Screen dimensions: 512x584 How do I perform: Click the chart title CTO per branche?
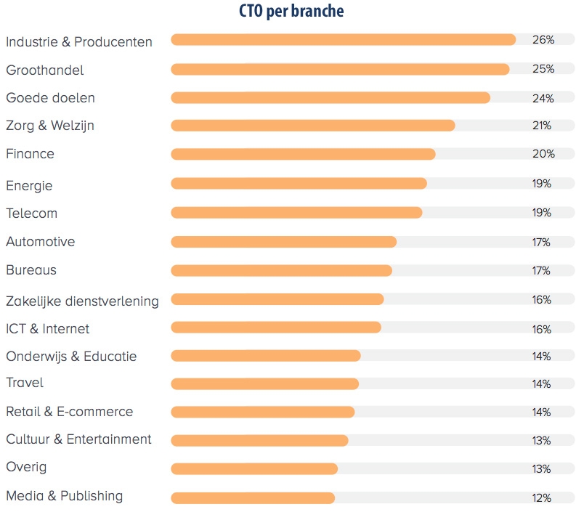291,12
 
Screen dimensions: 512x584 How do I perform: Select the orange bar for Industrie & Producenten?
343,40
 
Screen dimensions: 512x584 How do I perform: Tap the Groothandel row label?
45,70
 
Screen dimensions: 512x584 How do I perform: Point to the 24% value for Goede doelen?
543,97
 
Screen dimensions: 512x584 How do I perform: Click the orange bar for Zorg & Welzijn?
313,126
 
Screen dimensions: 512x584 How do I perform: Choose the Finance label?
31,154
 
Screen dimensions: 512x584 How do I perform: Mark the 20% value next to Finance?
543,154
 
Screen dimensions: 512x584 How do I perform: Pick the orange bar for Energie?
299,183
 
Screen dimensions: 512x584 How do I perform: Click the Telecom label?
32,214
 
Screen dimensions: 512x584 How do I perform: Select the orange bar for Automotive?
283,241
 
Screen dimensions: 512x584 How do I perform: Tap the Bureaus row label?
31,270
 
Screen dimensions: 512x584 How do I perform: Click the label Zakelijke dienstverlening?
82,301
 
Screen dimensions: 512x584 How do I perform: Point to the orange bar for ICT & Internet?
276,328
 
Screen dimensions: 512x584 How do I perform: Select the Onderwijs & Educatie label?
71,357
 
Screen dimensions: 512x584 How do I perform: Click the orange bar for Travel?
265,383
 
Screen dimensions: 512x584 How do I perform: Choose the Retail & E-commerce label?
70,412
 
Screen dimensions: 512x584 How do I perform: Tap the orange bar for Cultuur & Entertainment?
259,440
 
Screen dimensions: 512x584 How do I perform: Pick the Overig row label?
26,468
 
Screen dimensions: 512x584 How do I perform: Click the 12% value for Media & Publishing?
542,498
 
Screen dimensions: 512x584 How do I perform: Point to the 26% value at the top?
543,40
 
